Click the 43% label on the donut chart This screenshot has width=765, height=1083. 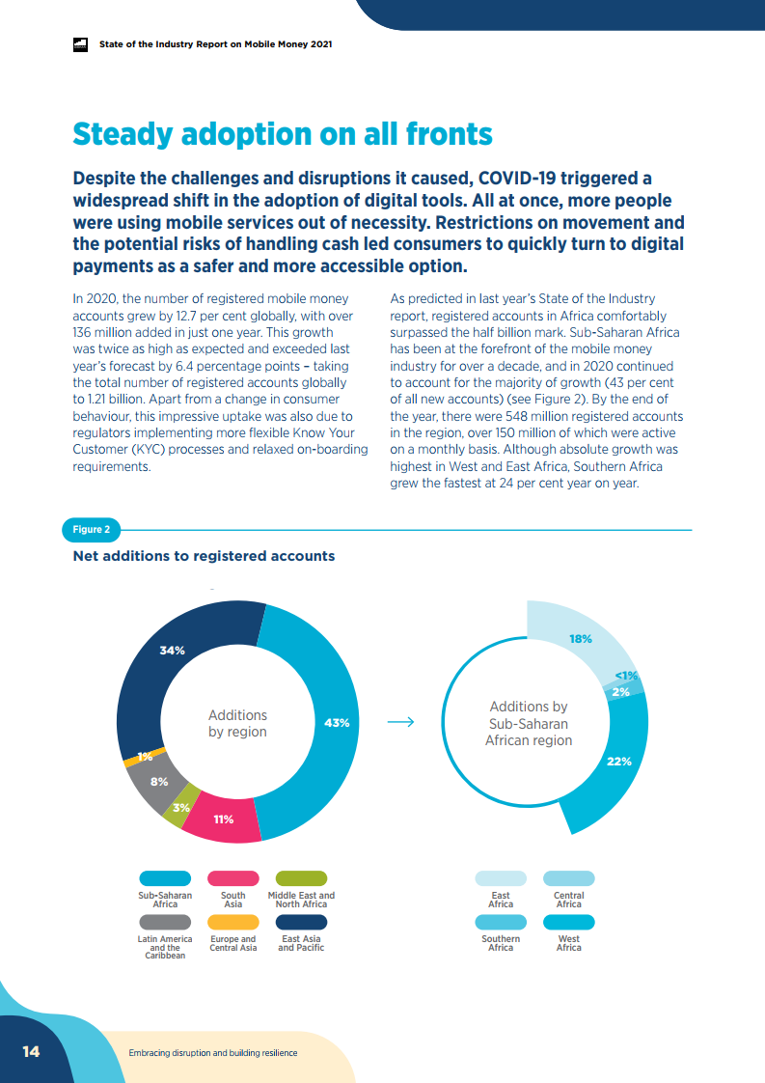click(x=337, y=723)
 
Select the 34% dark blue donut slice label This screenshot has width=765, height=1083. click(x=172, y=651)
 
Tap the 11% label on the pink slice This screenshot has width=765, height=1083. click(x=224, y=819)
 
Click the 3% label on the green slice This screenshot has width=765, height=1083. click(x=180, y=807)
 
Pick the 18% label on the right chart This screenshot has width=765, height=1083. click(x=580, y=639)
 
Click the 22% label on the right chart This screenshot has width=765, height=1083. click(x=619, y=762)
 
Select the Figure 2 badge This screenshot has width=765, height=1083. click(x=92, y=529)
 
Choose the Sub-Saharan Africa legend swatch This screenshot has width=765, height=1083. click(x=164, y=878)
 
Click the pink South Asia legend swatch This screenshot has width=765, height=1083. click(x=232, y=878)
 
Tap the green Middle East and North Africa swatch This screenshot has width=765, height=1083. click(x=301, y=878)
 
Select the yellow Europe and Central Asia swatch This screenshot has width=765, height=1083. click(x=232, y=922)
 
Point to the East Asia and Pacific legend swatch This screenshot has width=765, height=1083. click(x=301, y=922)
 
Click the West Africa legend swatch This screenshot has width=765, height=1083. click(x=568, y=922)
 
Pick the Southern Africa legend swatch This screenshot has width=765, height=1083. click(x=501, y=922)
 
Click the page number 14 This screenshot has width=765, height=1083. click(x=31, y=1051)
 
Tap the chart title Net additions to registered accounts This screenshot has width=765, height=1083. click(x=204, y=556)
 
